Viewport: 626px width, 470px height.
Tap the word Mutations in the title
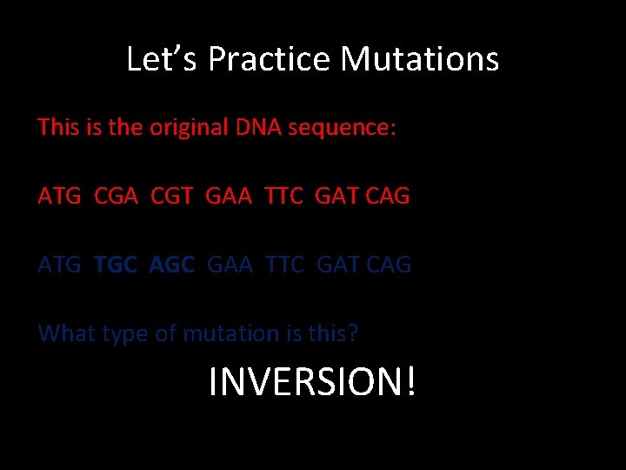pos(419,59)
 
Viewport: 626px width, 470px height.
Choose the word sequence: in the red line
pos(342,129)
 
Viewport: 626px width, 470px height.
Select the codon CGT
pos(173,196)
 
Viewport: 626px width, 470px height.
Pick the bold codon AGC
pos(172,265)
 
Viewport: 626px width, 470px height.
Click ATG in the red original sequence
pos(59,196)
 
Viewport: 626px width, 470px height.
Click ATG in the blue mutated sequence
pos(59,265)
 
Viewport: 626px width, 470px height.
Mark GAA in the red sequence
pos(230,196)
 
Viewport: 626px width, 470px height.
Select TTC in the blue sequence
pos(285,265)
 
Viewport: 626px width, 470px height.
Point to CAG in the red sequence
pos(388,196)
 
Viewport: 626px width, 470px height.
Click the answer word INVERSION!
pos(312,381)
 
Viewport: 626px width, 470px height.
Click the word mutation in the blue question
pos(224,333)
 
